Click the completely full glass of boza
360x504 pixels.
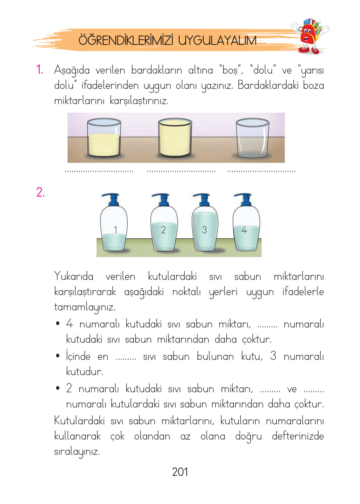(x=175, y=138)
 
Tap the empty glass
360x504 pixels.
(x=252, y=139)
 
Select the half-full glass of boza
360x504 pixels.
(x=104, y=139)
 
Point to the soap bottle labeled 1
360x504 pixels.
(x=114, y=225)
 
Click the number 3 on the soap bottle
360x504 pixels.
(x=204, y=230)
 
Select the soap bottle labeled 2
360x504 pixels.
(x=163, y=225)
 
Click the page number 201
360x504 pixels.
(x=180, y=472)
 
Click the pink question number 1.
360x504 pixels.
(x=39, y=70)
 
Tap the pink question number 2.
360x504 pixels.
(x=40, y=192)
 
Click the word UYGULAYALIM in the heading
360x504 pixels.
(x=217, y=41)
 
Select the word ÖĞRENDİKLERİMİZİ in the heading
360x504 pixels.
(x=126, y=41)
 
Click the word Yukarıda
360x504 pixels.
(x=74, y=276)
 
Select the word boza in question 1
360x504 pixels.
(x=313, y=85)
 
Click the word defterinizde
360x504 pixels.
(x=297, y=436)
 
